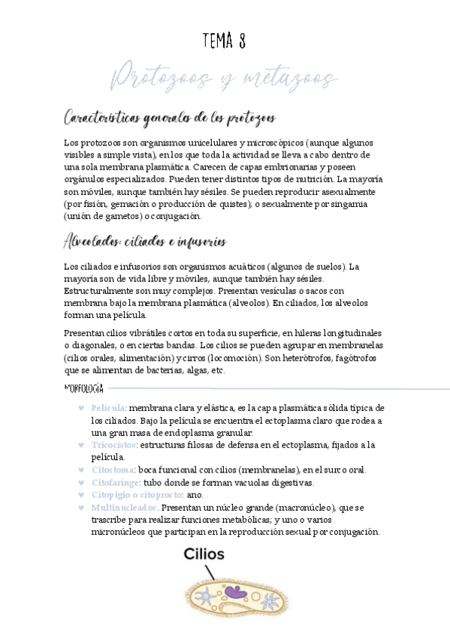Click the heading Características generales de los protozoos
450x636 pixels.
(170, 118)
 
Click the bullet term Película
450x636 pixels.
(107, 407)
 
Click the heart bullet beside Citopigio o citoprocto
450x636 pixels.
(81, 496)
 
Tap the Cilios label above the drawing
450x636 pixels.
(203, 555)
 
